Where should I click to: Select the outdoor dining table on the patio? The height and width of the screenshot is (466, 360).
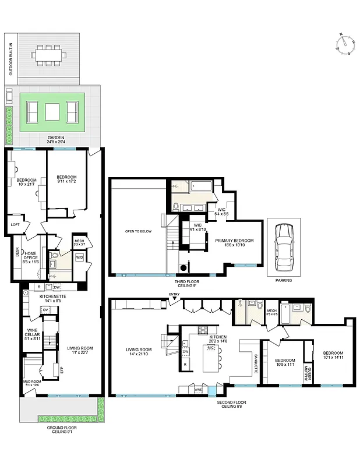point(52,55)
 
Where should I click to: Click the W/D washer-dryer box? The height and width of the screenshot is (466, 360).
point(79,256)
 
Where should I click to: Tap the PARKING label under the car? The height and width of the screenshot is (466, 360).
point(284,280)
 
